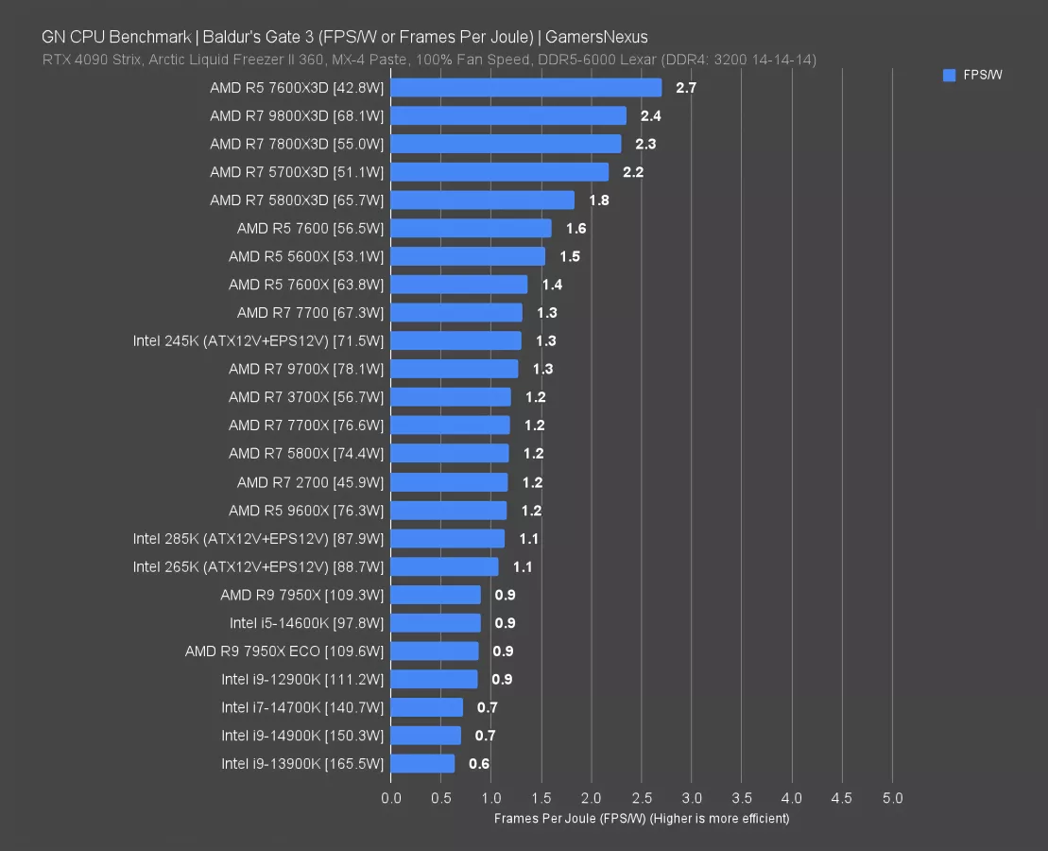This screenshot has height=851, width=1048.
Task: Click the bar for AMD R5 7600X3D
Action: (525, 88)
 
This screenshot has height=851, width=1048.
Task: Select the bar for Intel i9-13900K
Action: (422, 764)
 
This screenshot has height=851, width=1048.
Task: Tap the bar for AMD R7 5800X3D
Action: (482, 200)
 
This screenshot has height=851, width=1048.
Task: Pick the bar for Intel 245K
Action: (455, 341)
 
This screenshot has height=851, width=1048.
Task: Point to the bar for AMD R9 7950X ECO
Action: (435, 651)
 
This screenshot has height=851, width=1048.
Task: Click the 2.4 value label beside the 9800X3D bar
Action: (650, 116)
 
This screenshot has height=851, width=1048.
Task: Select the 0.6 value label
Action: (479, 764)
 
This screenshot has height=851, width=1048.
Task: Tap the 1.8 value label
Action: (598, 200)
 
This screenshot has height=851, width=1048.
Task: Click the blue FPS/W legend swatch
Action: (949, 76)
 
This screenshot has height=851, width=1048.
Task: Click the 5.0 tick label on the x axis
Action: (892, 798)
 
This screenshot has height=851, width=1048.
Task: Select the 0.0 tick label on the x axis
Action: (390, 798)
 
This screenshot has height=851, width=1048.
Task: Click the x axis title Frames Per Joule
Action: (641, 819)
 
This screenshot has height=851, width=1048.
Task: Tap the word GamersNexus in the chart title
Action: (596, 38)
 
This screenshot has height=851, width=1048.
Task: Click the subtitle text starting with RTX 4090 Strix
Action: (429, 60)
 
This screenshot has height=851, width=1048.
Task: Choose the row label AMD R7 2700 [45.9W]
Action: (310, 482)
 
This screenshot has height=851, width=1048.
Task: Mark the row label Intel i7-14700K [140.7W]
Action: (302, 707)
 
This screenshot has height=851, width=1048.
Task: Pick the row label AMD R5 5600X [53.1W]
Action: (306, 257)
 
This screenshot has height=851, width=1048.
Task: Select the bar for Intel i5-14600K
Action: (435, 623)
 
